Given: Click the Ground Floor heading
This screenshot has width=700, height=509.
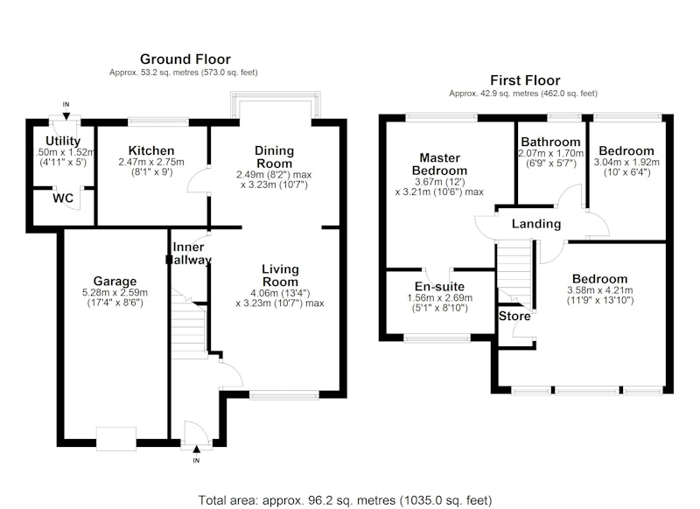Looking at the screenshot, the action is pyautogui.click(x=185, y=59).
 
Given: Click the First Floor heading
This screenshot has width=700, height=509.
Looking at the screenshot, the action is pyautogui.click(x=525, y=80).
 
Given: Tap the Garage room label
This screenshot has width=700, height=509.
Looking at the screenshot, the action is pyautogui.click(x=115, y=281).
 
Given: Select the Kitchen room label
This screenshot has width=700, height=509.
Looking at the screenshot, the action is pyautogui.click(x=151, y=150).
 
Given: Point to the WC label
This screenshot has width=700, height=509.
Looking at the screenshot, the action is pyautogui.click(x=63, y=198).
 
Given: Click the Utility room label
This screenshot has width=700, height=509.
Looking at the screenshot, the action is pyautogui.click(x=63, y=141).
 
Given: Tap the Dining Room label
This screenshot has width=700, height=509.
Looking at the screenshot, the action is pyautogui.click(x=274, y=157).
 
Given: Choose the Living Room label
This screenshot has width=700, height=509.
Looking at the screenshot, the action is pyautogui.click(x=280, y=275).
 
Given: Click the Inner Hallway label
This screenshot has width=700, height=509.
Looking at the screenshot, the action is pyautogui.click(x=188, y=253).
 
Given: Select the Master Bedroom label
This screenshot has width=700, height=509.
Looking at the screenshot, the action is pyautogui.click(x=440, y=164).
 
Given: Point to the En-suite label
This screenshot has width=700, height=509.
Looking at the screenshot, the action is pyautogui.click(x=440, y=286).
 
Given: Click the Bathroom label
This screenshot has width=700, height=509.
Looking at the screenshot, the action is pyautogui.click(x=551, y=142).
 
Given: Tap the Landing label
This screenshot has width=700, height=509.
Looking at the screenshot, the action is pyautogui.click(x=536, y=224).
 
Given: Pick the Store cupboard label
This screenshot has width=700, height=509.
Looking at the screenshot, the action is pyautogui.click(x=514, y=317).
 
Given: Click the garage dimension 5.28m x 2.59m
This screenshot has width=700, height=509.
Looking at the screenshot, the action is pyautogui.click(x=115, y=293).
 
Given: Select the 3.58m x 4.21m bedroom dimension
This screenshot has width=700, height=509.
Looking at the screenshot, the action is pyautogui.click(x=600, y=290).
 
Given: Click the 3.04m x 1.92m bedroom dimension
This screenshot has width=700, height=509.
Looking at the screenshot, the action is pyautogui.click(x=626, y=162).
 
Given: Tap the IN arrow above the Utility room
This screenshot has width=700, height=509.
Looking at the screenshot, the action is pyautogui.click(x=66, y=116).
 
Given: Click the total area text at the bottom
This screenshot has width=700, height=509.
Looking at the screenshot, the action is pyautogui.click(x=345, y=500).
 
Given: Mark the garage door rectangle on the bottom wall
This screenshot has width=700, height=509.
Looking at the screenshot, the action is pyautogui.click(x=116, y=439).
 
